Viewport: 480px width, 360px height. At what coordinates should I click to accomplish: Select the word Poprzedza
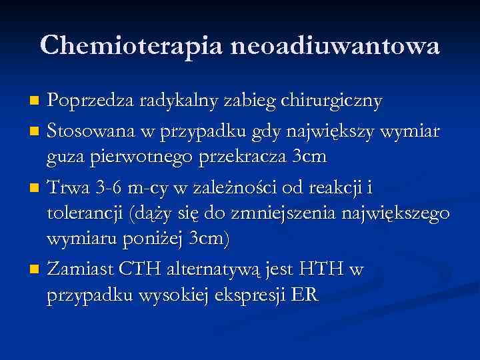pyautogui.click(x=91, y=101)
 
